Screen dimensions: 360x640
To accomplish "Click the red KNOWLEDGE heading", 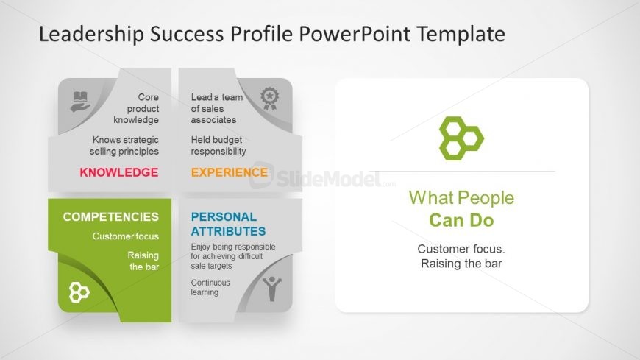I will [118, 172].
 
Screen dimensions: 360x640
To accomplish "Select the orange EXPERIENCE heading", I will [229, 172].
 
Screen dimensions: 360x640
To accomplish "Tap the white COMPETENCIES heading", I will [110, 216].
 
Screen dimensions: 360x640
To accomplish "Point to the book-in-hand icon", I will [80, 101].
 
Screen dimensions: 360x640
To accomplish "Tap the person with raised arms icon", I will [272, 289].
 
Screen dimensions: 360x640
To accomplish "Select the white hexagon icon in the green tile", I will [79, 292].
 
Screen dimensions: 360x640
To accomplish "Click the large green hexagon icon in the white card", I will [461, 137].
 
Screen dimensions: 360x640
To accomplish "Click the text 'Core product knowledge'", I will [137, 108].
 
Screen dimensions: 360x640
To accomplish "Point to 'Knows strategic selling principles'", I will [125, 146].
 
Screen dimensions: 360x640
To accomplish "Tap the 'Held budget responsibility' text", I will [218, 146].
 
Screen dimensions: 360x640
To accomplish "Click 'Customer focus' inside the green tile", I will [125, 236].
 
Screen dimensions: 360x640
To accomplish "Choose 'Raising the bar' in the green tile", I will [143, 261].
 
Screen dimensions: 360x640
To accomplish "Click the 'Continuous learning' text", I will [210, 287].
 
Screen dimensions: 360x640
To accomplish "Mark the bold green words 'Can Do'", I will [461, 220].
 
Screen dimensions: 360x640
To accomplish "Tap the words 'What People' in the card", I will [461, 197].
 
